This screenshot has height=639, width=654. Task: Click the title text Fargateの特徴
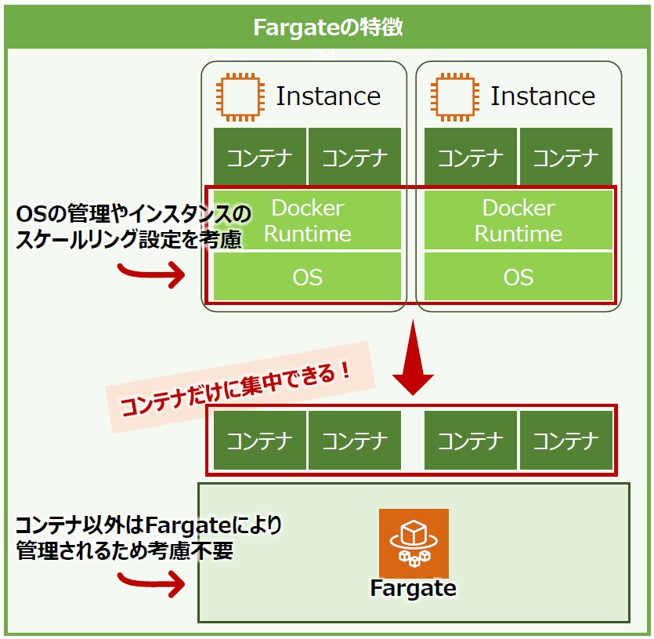[x=328, y=27]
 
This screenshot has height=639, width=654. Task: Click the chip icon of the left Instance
[x=240, y=97]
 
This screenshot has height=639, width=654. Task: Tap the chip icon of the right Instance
[x=454, y=97]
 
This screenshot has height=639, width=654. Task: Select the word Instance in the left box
[x=328, y=96]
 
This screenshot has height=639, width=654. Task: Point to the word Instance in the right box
[x=543, y=96]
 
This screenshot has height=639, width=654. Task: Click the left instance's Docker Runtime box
[x=307, y=220]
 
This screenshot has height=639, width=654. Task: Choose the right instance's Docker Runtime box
[x=519, y=220]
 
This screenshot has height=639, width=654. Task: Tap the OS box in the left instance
[x=307, y=277]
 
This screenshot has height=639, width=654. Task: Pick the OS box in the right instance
[x=519, y=277]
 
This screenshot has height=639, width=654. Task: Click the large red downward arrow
[x=413, y=359]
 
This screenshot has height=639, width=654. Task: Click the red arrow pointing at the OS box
[x=151, y=274]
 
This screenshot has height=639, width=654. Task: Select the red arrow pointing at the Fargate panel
[x=151, y=583]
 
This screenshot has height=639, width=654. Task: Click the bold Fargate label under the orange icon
[x=413, y=588]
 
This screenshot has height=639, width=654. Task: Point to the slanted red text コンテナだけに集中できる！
[x=236, y=389]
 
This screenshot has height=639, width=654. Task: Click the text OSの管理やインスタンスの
[x=133, y=213]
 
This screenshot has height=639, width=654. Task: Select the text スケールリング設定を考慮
[x=129, y=239]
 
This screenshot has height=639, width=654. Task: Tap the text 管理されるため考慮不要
[x=125, y=550]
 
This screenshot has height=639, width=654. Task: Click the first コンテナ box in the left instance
[x=259, y=157]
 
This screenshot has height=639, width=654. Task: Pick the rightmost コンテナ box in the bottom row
[x=566, y=440]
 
